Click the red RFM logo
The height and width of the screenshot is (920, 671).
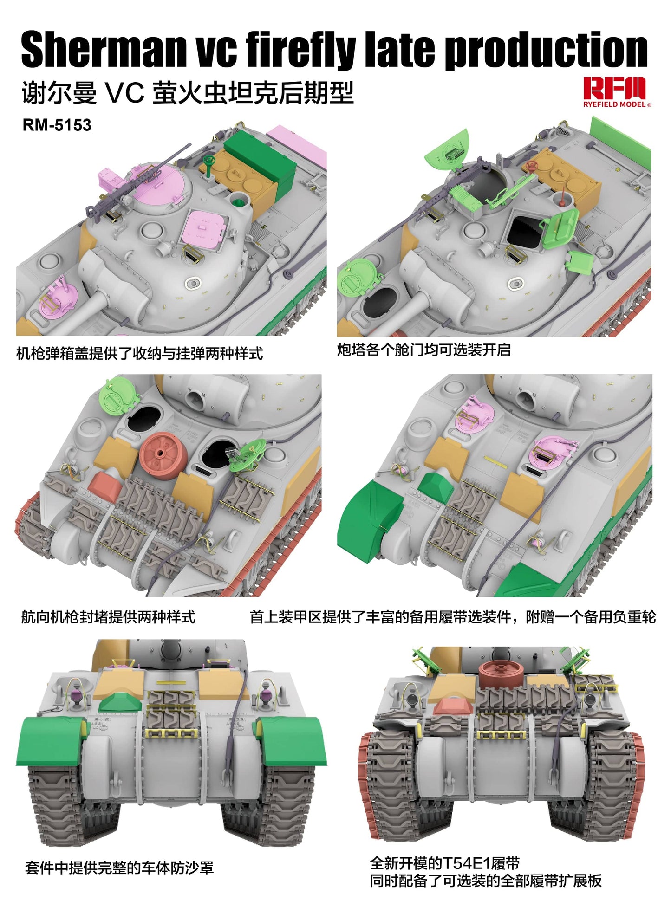614,88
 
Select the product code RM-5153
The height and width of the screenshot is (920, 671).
57,125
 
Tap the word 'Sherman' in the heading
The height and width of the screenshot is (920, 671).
103,50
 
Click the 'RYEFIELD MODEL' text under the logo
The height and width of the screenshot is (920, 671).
614,104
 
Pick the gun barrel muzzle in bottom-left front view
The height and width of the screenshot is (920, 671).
171,648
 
